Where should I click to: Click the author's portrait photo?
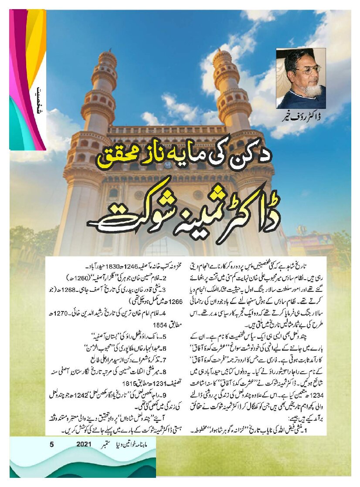click(x=301, y=78)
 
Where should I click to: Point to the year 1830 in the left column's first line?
click(x=119, y=264)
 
